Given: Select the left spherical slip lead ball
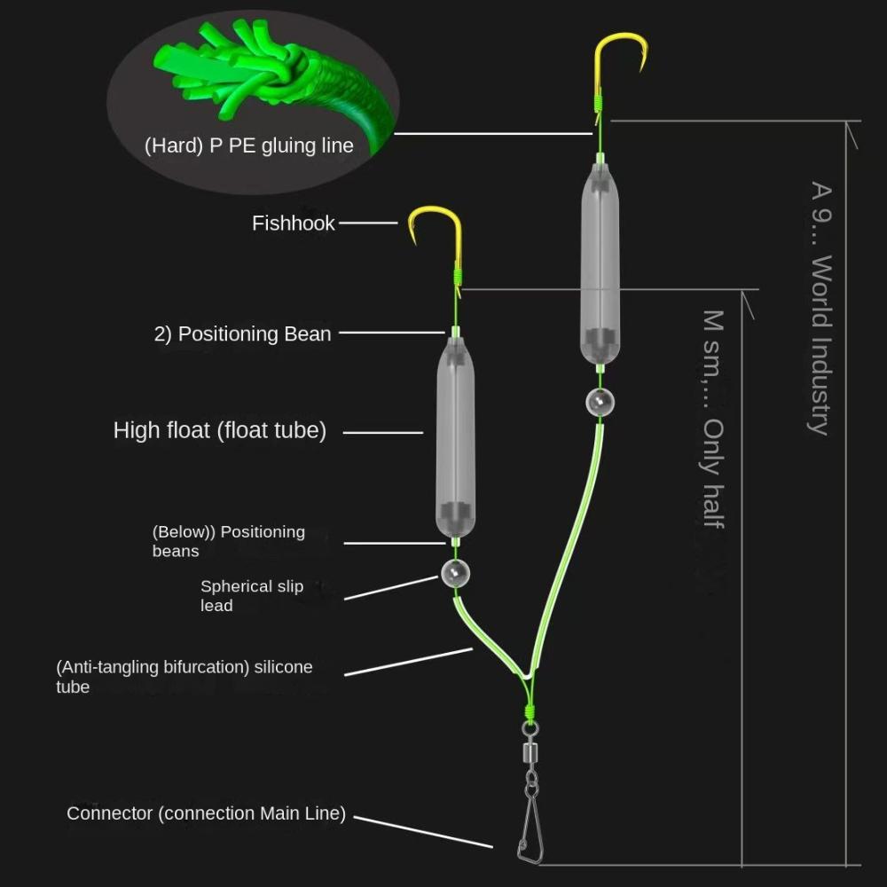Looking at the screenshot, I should tap(454, 575).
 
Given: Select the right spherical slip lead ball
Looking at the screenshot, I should tap(600, 402).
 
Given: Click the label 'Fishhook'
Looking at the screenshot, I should tap(293, 224).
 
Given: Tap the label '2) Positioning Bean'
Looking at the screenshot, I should tap(242, 334).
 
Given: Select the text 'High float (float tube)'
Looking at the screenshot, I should tap(220, 431).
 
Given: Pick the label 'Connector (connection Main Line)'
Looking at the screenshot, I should tap(206, 814).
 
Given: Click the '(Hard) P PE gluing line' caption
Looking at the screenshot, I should tap(248, 146).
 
